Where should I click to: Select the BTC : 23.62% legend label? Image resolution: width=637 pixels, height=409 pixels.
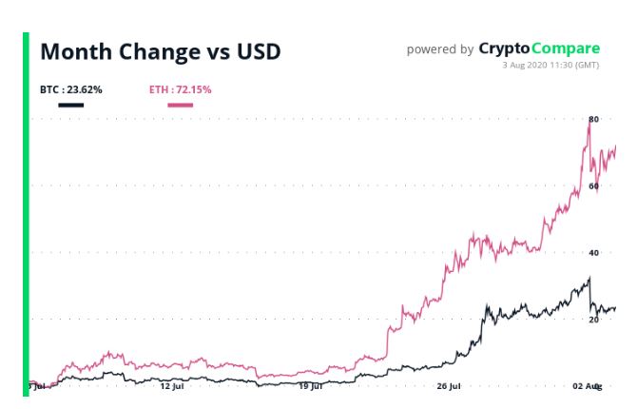point(70,90)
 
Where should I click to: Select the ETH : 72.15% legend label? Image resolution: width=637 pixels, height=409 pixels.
point(180,90)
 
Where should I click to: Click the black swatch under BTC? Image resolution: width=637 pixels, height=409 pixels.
point(70,104)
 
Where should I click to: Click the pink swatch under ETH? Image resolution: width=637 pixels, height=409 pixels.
point(180,104)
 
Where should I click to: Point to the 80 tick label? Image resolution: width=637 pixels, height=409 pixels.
point(593,119)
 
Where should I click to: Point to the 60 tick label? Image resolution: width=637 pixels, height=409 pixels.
point(593,186)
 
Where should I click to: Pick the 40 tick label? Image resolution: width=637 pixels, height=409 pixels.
point(593,253)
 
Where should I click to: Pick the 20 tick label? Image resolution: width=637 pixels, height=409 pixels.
point(593,321)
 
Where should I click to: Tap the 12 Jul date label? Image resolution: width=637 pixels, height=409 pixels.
point(171,386)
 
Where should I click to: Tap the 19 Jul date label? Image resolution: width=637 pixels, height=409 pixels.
point(311,386)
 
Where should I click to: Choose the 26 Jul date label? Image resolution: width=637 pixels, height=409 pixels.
point(450,386)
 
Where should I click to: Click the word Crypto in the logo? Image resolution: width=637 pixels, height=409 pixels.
point(504,49)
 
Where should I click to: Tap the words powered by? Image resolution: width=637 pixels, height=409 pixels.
point(440,49)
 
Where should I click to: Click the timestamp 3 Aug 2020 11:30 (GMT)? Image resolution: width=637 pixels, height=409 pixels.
point(551,65)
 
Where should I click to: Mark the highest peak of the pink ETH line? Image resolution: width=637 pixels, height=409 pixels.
point(589,125)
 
